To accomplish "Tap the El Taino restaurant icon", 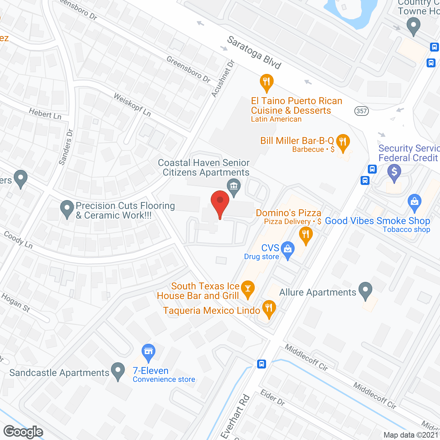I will [266, 82].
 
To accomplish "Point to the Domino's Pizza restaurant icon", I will [305, 235].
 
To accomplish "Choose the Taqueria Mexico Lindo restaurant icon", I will [269, 308].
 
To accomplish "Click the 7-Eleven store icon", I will [148, 352].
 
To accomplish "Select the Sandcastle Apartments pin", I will [118, 371].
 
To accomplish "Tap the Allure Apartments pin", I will [365, 290].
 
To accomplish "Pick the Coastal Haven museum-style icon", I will [234, 187].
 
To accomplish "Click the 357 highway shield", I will [362, 111].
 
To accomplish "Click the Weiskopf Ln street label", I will [132, 104].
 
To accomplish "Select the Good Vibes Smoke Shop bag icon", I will [414, 202].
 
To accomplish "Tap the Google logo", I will [23, 432].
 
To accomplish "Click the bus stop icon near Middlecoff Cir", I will [262, 364].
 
